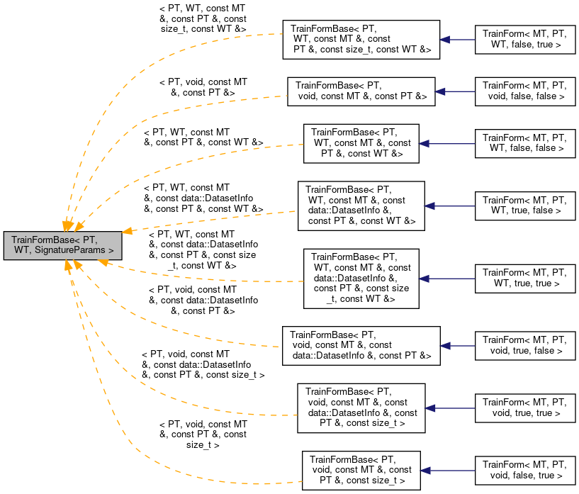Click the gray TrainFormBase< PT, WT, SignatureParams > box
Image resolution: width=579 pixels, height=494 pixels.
[62, 245]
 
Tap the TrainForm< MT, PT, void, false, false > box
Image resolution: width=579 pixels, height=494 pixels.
[525, 91]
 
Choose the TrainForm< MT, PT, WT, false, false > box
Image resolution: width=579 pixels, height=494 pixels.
[525, 143]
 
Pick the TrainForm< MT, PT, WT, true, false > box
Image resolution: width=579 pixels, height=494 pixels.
[525, 205]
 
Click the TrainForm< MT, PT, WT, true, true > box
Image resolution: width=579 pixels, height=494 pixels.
[525, 278]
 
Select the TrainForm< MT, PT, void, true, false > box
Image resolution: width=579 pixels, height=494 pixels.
[525, 346]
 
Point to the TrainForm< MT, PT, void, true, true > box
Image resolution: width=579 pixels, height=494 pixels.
[525, 408]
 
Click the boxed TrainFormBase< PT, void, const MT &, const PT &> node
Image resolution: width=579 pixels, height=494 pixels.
[361, 91]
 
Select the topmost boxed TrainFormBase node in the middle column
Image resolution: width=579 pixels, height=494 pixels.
[361, 40]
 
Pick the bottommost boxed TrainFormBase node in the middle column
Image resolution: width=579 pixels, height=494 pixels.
[361, 469]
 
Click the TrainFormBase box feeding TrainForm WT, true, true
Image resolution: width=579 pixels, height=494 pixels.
[361, 278]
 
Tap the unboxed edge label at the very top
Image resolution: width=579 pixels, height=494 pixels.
[203, 18]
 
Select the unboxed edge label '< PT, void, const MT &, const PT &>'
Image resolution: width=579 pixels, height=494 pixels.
[203, 87]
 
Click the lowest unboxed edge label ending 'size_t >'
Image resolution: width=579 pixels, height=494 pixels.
[203, 434]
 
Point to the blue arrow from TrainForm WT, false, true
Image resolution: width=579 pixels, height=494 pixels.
[457, 40]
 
